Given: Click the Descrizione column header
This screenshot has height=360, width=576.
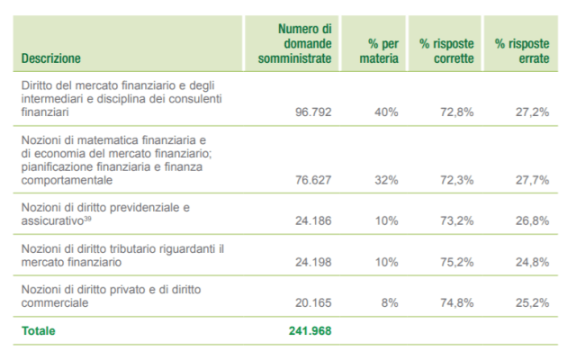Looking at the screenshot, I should (51, 58).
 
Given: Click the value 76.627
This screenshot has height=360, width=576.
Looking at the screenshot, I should (311, 180).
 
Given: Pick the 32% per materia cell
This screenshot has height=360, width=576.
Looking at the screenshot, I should (386, 180).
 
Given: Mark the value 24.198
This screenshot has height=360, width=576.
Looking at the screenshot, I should (311, 262).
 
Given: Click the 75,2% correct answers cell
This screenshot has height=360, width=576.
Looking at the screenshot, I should (457, 262).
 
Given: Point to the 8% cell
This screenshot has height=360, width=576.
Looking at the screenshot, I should (390, 303).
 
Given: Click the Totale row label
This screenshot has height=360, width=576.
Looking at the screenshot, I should (38, 331).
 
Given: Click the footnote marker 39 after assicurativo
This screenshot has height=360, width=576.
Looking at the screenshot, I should (86, 218).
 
